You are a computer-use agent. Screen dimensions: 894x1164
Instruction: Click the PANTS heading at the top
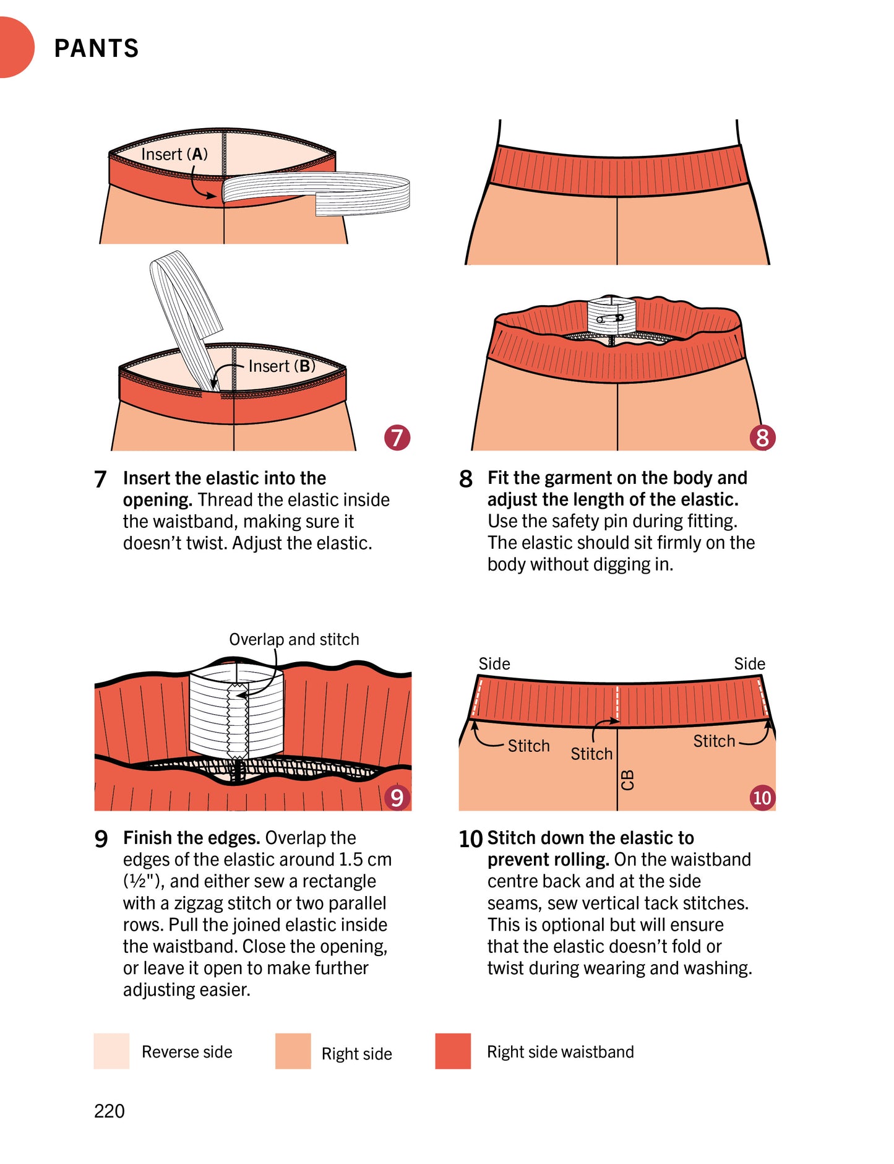click(x=97, y=48)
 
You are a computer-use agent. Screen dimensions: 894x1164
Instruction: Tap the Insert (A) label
click(x=174, y=154)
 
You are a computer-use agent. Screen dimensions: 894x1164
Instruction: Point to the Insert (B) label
click(x=282, y=366)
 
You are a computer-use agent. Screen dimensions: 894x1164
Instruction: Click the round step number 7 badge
click(x=397, y=438)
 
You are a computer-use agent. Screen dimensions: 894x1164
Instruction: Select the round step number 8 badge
click(x=762, y=438)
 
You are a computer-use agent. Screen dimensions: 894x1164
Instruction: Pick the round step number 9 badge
click(x=397, y=798)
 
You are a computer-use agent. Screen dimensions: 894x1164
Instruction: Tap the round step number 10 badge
click(x=762, y=798)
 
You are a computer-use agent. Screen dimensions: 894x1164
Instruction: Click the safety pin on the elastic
click(x=611, y=319)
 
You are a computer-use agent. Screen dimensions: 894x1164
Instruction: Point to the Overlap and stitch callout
click(x=294, y=639)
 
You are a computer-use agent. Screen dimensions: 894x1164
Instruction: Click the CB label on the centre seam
click(x=627, y=780)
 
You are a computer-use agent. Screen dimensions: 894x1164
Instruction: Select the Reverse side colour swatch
click(x=111, y=1051)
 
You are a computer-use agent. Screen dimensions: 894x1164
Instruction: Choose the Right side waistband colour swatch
click(x=453, y=1051)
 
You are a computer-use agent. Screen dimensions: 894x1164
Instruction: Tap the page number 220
click(x=109, y=1111)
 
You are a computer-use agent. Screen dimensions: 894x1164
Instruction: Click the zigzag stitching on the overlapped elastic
click(x=238, y=720)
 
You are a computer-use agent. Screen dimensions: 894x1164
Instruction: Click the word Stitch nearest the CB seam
click(x=591, y=754)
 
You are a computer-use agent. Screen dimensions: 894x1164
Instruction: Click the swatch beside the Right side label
click(x=293, y=1051)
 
